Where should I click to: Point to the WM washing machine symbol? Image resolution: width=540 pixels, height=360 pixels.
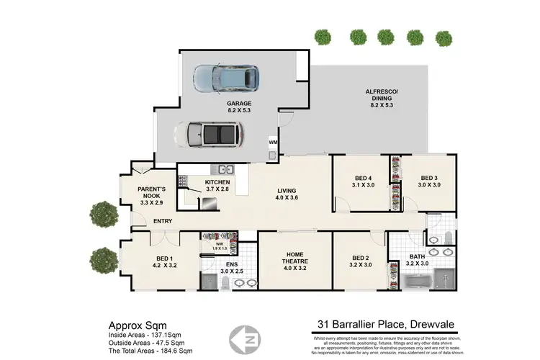(273, 143)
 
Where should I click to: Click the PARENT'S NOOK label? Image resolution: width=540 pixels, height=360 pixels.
(152, 194)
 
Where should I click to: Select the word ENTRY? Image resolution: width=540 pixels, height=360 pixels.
(163, 221)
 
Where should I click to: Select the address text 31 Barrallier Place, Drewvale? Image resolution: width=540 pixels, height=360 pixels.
(379, 324)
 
